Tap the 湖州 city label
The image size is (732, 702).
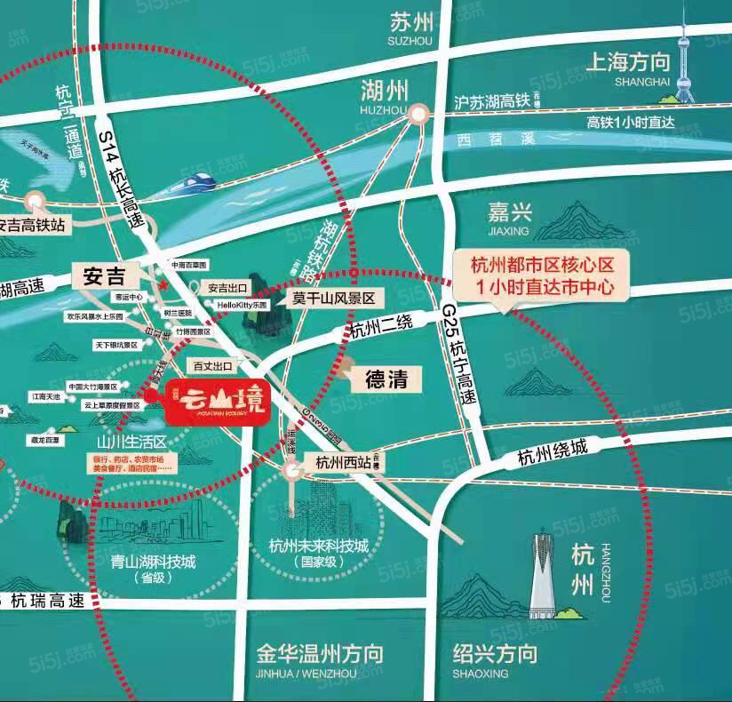pyautogui.click(x=385, y=91)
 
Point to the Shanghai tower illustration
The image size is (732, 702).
pyautogui.click(x=684, y=62)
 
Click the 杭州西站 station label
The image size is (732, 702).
pyautogui.click(x=338, y=461)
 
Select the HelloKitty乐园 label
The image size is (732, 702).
pyautogui.click(x=243, y=304)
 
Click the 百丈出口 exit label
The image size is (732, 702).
pyautogui.click(x=212, y=365)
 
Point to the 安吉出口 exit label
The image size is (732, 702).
pyautogui.click(x=227, y=288)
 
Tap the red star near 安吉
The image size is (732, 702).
pyautogui.click(x=163, y=284)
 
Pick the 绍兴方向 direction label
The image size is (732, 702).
pyautogui.click(x=494, y=655)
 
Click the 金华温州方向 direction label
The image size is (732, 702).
pyautogui.click(x=319, y=655)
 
